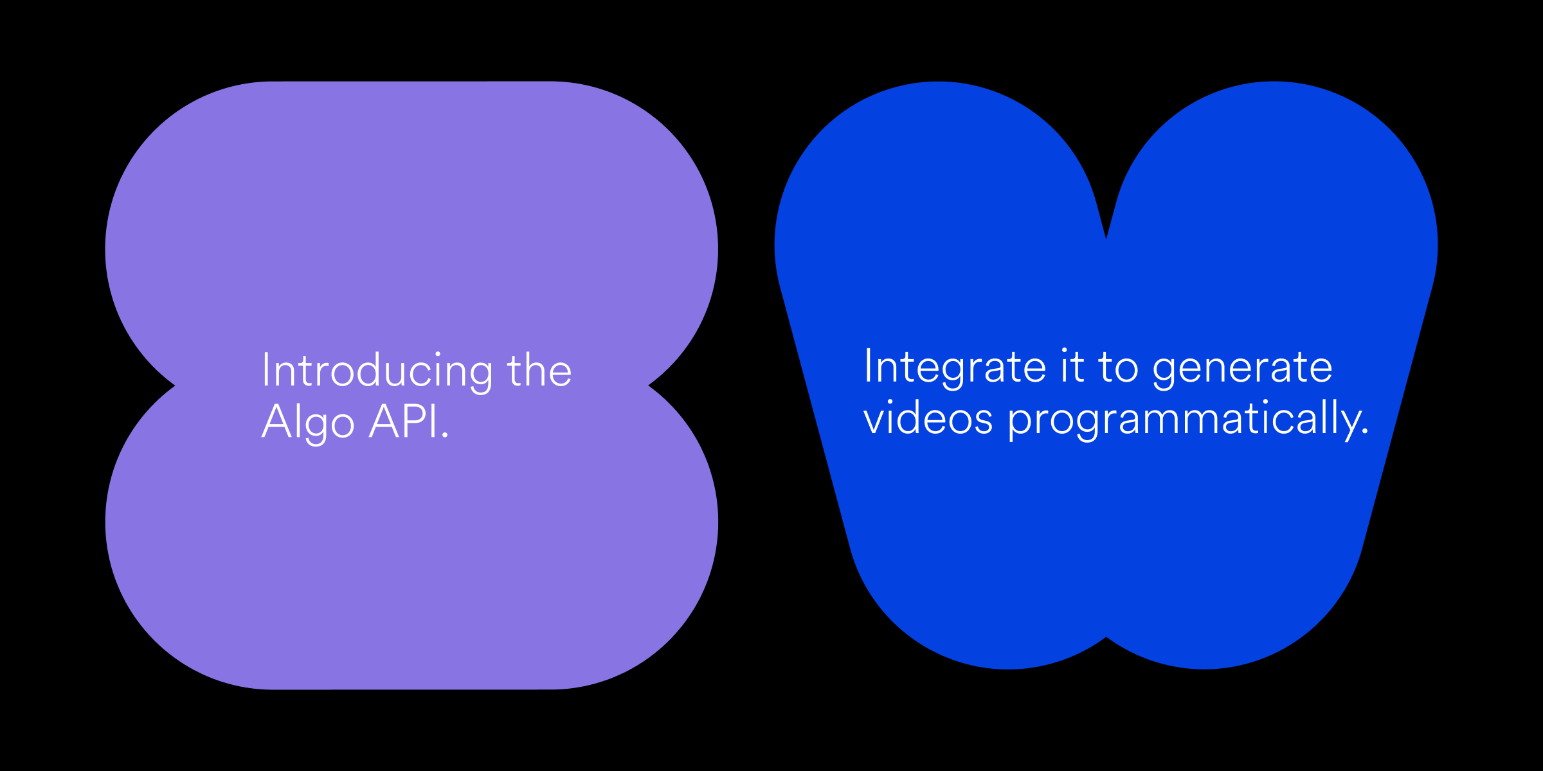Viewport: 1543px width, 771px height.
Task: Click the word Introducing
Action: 377,372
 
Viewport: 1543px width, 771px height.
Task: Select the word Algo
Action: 308,423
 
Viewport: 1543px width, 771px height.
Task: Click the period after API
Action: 445,436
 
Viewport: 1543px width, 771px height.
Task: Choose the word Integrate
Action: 955,368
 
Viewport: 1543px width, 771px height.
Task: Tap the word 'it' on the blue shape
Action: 1072,366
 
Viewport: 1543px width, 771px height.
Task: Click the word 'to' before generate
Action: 1118,368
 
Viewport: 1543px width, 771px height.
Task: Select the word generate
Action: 1242,370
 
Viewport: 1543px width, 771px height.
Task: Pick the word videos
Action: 928,418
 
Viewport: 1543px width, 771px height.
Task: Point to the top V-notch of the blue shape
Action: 1106,238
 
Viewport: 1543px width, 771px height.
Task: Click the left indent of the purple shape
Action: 174,385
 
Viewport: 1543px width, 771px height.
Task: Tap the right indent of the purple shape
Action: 649,385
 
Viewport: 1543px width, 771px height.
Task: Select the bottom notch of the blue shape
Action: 1106,637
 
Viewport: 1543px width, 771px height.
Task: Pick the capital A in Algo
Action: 278,421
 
